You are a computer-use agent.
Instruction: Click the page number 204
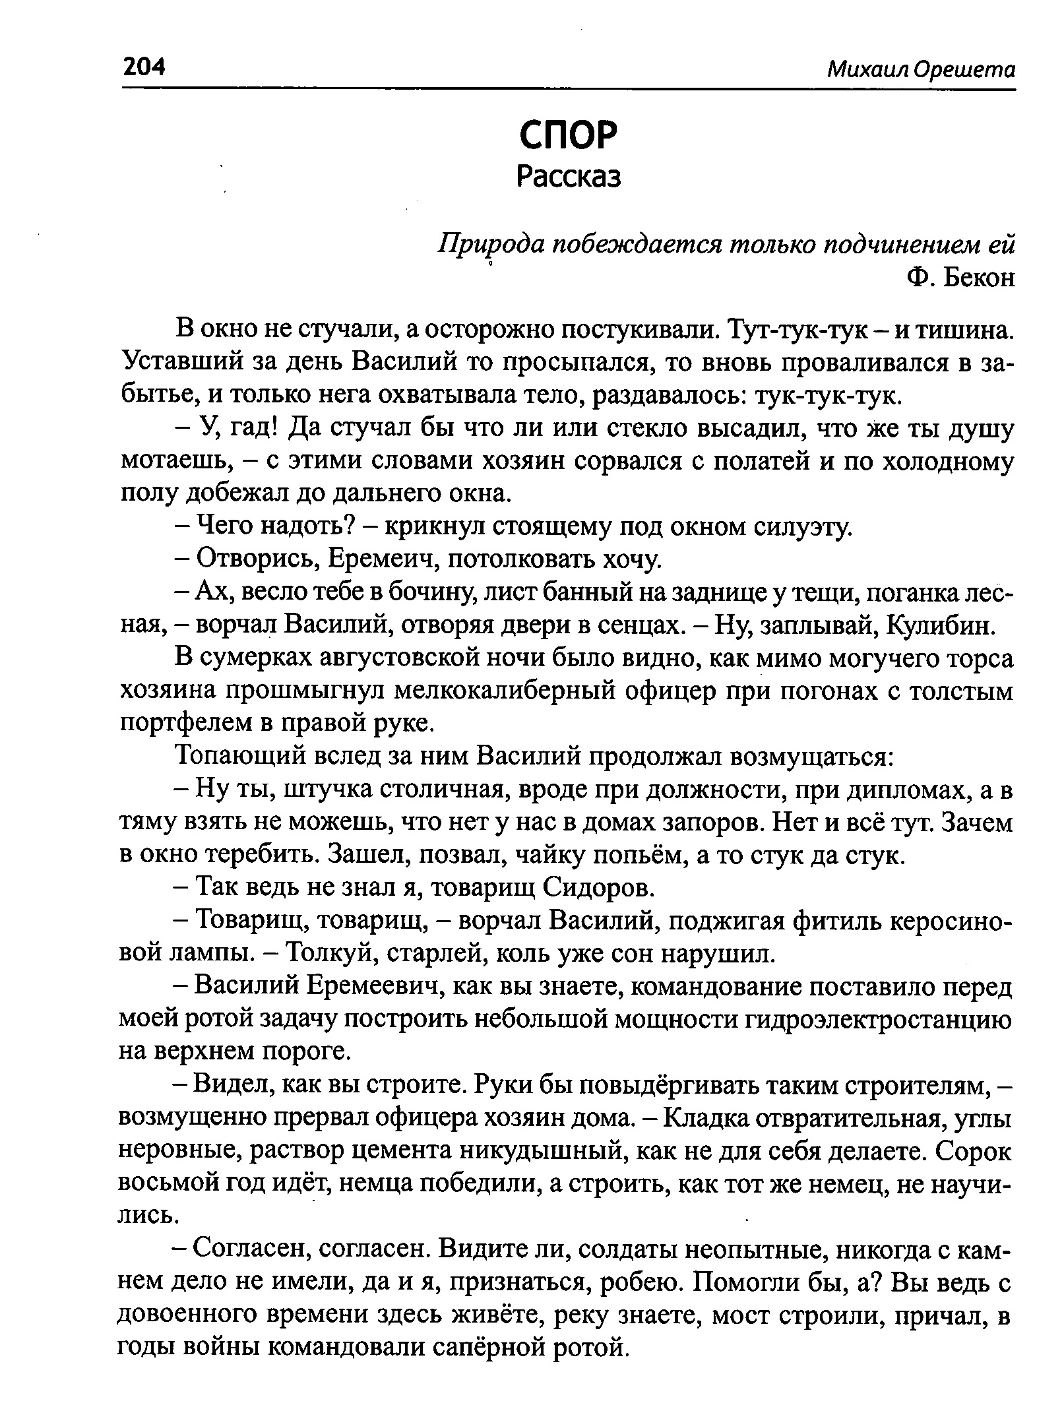(143, 67)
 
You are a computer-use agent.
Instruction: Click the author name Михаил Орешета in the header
(921, 69)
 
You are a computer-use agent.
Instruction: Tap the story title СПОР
(568, 135)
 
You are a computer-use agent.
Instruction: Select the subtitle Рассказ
(569, 176)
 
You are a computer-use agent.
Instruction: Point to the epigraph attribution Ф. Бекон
(960, 278)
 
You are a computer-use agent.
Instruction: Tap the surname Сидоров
(598, 889)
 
